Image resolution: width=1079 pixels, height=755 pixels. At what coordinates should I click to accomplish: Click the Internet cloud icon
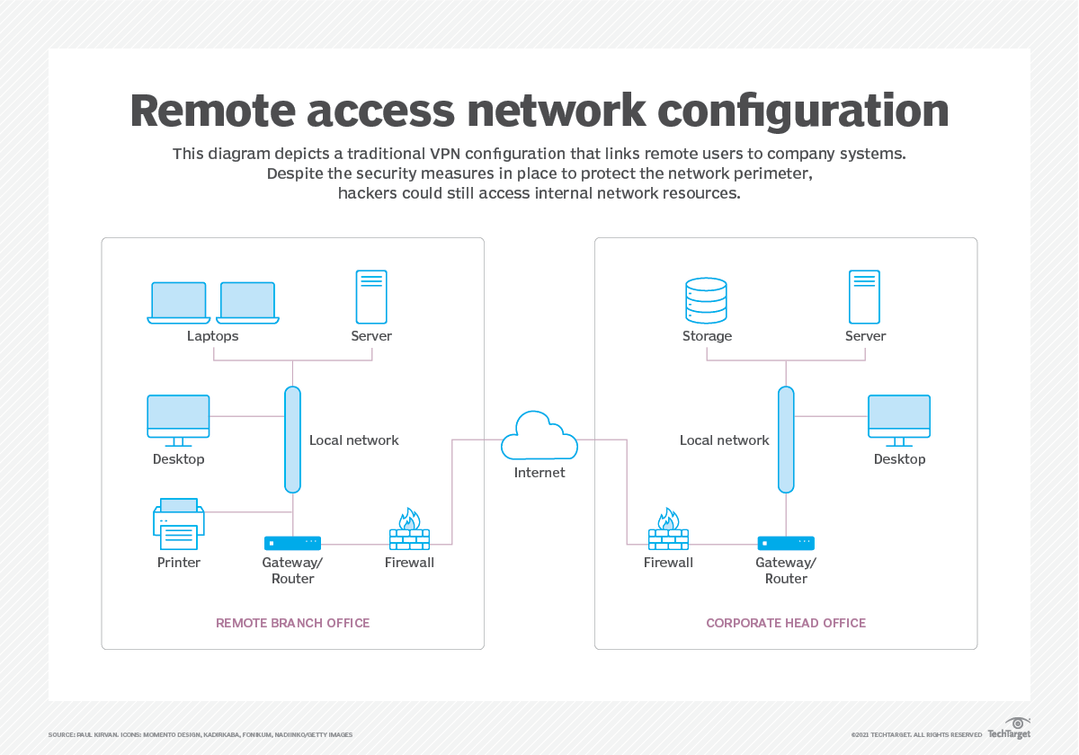(x=539, y=436)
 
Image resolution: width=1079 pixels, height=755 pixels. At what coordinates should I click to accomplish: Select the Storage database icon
(x=706, y=300)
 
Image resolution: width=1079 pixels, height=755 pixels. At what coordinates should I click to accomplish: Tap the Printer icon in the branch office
(x=179, y=523)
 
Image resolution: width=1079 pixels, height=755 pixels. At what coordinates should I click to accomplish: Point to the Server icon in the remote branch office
(x=371, y=297)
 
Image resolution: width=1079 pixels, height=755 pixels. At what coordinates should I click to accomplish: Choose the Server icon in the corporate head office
(x=865, y=297)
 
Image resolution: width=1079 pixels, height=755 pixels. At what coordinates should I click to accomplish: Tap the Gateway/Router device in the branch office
(x=292, y=543)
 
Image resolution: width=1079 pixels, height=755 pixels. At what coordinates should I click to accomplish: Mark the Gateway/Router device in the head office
(x=786, y=543)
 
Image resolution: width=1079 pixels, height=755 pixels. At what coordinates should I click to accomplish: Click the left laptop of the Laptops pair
(x=179, y=302)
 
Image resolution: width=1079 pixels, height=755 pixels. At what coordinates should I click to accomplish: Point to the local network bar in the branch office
(x=292, y=440)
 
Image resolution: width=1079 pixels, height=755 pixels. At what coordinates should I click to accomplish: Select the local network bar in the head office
(x=786, y=440)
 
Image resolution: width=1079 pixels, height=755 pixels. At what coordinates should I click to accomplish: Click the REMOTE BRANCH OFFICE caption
(x=292, y=623)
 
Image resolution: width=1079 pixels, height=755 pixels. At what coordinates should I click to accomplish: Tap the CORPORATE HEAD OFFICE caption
(x=786, y=623)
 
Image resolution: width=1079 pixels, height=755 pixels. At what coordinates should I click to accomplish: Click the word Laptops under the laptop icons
(x=213, y=336)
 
